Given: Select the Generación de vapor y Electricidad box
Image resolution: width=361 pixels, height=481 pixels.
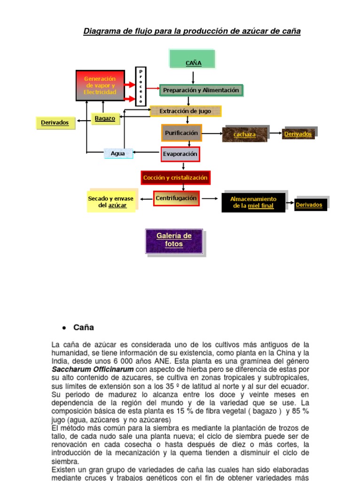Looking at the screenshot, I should click(100, 85).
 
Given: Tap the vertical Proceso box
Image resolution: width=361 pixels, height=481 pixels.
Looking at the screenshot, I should click(141, 86).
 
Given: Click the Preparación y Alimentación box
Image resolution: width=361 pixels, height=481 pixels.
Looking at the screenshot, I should click(201, 90).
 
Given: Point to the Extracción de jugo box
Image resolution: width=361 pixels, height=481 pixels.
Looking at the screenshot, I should click(185, 111).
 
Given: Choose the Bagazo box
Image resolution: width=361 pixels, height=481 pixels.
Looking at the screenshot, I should click(105, 118).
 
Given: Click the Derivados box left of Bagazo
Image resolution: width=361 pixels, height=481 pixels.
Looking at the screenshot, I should click(55, 123).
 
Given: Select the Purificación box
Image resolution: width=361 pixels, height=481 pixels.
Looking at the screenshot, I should click(181, 133).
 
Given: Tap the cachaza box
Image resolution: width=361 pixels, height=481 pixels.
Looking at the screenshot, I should click(245, 134).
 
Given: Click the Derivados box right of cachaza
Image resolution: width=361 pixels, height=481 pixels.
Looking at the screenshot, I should click(298, 134).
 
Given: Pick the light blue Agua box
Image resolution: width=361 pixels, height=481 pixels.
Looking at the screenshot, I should click(118, 153).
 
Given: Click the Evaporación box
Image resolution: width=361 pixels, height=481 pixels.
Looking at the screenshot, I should click(180, 154).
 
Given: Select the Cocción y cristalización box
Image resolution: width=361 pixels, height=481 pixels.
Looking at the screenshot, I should click(175, 178).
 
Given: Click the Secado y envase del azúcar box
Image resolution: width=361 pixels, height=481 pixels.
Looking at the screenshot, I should click(111, 202).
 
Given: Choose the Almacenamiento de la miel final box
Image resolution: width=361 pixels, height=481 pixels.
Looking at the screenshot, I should click(253, 202).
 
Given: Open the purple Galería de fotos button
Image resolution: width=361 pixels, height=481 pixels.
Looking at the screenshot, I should click(174, 240).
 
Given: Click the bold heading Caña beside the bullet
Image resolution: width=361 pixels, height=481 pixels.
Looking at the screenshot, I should click(84, 327).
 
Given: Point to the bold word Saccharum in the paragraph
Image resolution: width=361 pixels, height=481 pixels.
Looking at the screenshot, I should click(71, 369).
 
